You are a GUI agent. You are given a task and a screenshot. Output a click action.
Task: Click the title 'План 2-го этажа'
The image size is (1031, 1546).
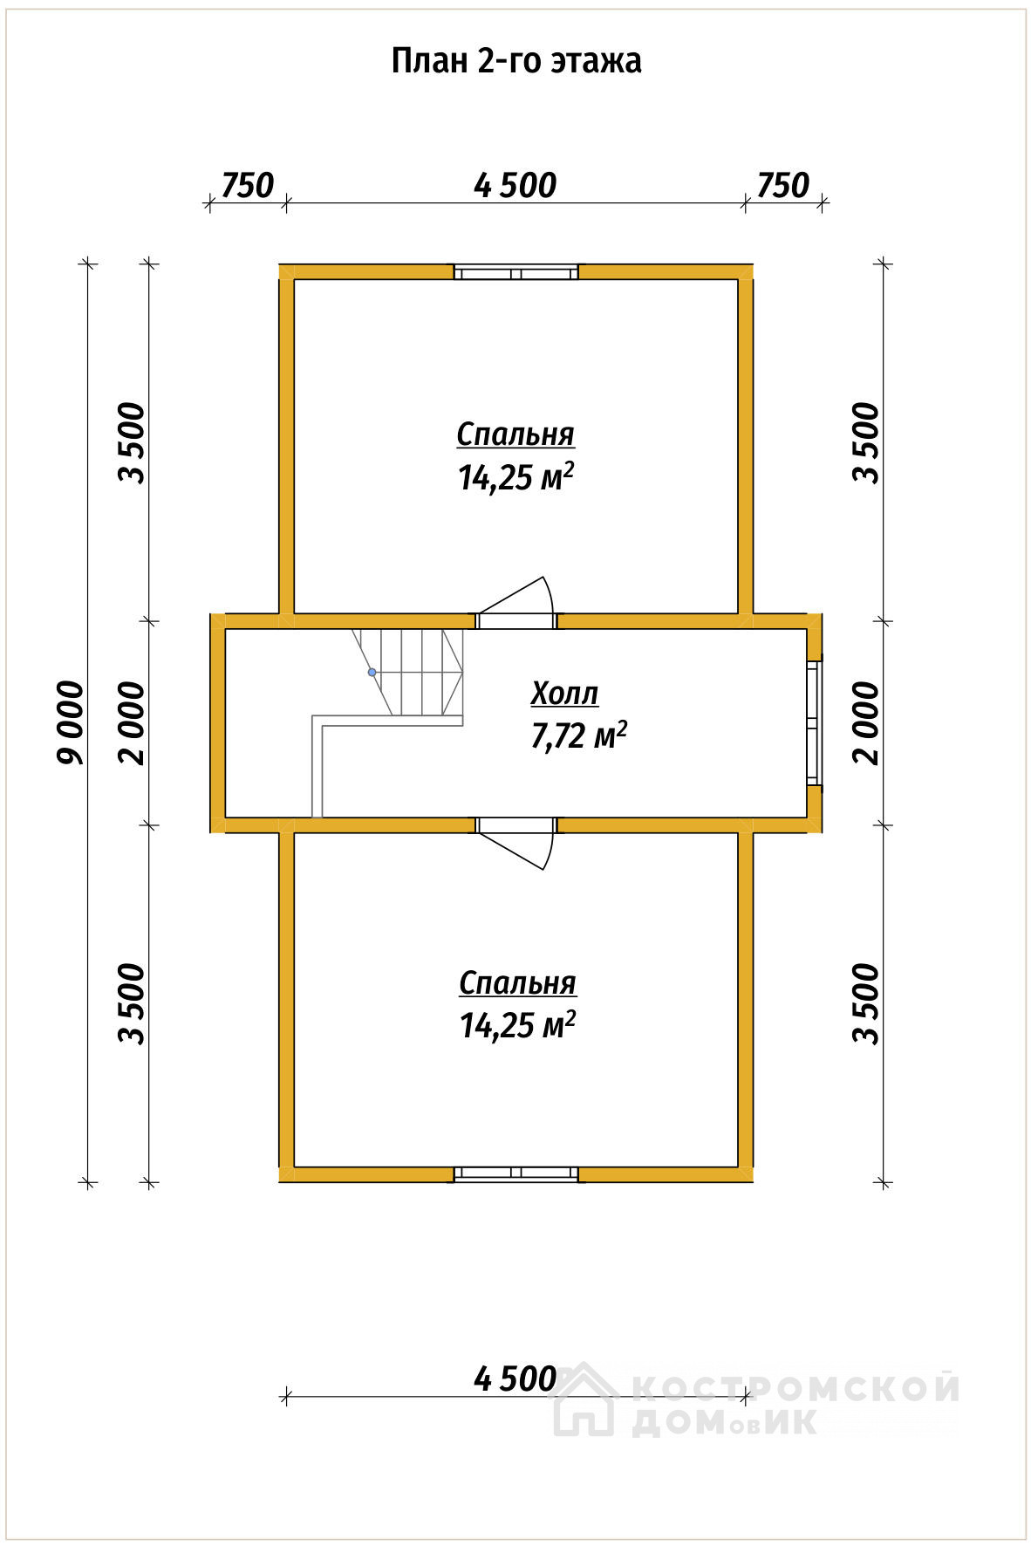pos(515,61)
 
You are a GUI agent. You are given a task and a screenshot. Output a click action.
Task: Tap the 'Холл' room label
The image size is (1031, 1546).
pos(564,694)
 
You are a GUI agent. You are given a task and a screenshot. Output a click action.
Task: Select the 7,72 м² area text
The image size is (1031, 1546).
pos(578,735)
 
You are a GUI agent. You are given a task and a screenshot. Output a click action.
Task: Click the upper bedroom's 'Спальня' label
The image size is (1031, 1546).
pos(515,434)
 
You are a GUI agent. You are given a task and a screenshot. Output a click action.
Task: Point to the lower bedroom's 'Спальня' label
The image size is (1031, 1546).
pos(517,982)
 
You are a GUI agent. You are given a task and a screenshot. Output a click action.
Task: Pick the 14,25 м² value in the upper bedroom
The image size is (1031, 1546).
pos(515,476)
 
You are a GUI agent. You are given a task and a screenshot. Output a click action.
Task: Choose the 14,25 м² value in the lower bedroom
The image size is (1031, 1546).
pos(517,1025)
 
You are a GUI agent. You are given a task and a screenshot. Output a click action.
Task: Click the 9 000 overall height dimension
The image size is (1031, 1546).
pos(71,722)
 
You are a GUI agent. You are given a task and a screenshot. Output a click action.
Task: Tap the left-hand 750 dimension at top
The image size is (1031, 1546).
pos(248,185)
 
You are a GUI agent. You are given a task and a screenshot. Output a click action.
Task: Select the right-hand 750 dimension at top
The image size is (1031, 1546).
pos(783,185)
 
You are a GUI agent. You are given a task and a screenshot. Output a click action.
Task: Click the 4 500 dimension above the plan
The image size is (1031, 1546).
pos(515,185)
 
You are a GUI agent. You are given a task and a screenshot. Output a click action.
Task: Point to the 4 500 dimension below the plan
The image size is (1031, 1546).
pos(515,1378)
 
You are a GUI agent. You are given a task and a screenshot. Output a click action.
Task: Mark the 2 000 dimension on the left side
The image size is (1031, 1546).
pos(133,722)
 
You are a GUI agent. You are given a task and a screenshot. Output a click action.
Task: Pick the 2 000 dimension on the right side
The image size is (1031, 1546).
pos(867,722)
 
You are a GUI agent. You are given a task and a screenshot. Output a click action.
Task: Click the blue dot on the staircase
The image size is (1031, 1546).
pos(372,673)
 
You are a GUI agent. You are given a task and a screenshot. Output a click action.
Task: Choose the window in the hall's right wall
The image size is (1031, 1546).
pos(813,723)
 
